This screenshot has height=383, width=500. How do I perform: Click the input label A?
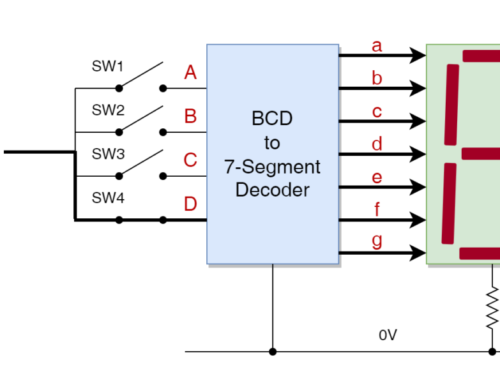[190, 73]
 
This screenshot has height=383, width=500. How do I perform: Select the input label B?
[190, 117]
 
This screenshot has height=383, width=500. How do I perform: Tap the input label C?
[190, 160]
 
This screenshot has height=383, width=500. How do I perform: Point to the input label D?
[190, 204]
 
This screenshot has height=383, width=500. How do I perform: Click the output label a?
[377, 46]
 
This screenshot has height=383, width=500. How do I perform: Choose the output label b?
[377, 79]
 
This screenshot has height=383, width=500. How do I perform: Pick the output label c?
[377, 112]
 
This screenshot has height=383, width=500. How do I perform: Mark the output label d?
[377, 144]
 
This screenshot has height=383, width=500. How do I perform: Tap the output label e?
[377, 177]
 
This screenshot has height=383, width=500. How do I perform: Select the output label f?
[377, 209]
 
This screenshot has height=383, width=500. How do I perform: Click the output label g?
[377, 241]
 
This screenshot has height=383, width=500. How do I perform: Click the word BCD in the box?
[272, 119]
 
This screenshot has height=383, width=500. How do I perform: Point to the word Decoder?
[272, 190]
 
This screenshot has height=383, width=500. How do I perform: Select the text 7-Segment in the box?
[272, 167]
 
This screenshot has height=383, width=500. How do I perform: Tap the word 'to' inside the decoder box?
[272, 143]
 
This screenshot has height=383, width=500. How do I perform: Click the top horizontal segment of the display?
[481, 56]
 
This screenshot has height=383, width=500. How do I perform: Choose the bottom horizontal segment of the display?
[480, 253]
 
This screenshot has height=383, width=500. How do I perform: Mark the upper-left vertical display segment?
[451, 105]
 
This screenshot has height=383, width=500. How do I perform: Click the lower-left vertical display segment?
[449, 204]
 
